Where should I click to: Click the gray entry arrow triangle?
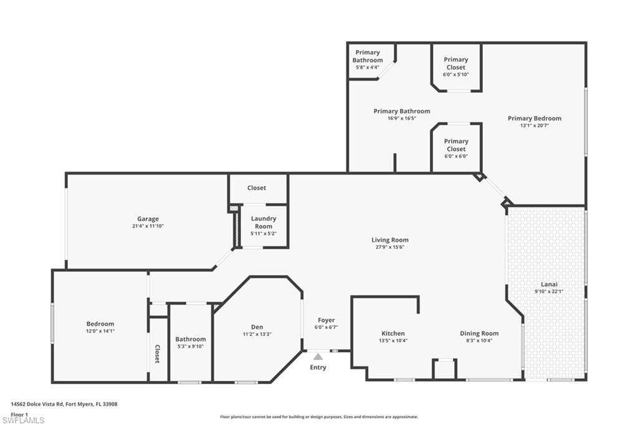318,356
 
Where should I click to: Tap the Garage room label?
148,219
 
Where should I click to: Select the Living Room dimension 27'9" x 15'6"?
390,247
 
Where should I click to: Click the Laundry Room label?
264,222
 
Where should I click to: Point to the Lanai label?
549,284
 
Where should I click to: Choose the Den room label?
257,327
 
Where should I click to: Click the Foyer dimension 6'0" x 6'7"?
326,327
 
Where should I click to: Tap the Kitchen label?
393,333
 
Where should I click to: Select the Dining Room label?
479,333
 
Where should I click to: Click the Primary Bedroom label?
535,118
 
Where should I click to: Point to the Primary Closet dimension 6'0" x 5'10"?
455,75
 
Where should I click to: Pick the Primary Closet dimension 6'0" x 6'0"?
456,156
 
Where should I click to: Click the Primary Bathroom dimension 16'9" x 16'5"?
402,118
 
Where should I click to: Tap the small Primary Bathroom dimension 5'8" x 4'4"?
368,67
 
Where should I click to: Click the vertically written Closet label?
158,354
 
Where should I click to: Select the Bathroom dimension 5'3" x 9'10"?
191,346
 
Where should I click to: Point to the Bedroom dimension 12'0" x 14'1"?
100,332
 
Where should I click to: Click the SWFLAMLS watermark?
23,420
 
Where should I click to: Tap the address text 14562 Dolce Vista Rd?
37,404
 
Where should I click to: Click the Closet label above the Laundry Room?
257,188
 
